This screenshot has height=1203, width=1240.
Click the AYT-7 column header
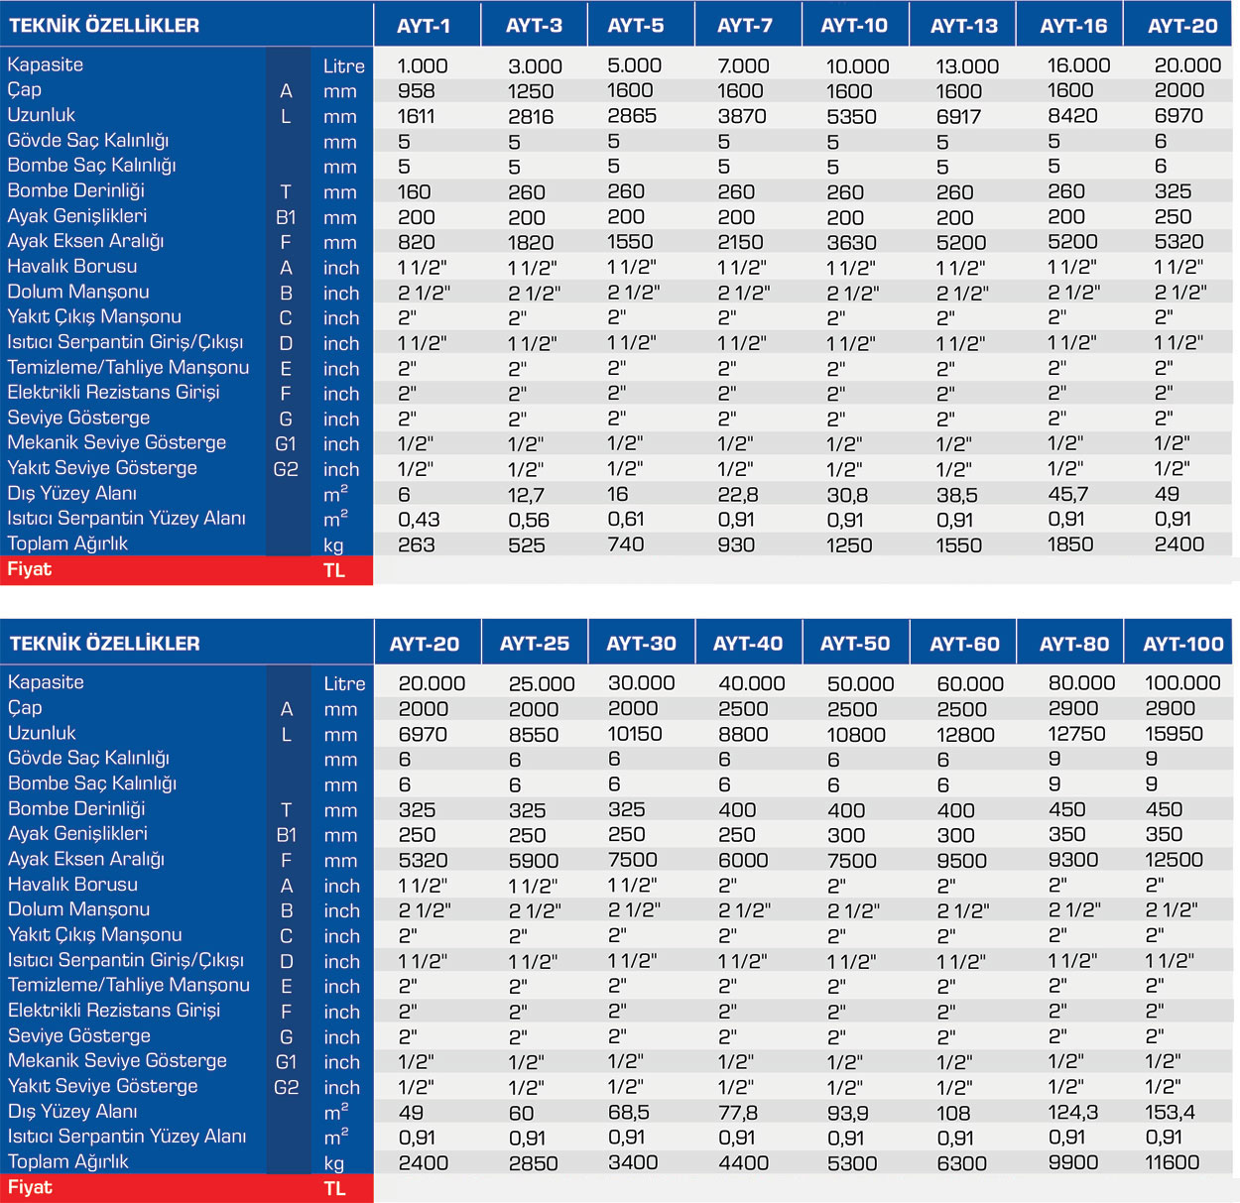pyautogui.click(x=745, y=26)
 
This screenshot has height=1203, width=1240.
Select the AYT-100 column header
pyautogui.click(x=1182, y=645)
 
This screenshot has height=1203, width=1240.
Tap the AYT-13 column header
pyautogui.click(x=963, y=26)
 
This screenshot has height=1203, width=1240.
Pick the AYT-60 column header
pyautogui.click(x=964, y=645)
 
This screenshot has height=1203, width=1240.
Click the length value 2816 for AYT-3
pyautogui.click(x=531, y=116)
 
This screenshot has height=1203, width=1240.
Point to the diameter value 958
pyautogui.click(x=416, y=90)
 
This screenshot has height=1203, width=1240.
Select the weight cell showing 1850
pyautogui.click(x=1070, y=544)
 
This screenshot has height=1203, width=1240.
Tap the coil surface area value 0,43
pyautogui.click(x=419, y=519)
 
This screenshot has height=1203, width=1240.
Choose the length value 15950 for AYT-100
pyautogui.click(x=1174, y=734)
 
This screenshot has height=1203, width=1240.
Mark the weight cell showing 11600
pyautogui.click(x=1172, y=1162)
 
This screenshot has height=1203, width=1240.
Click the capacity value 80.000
pyautogui.click(x=1081, y=683)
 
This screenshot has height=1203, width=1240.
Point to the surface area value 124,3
pyautogui.click(x=1073, y=1112)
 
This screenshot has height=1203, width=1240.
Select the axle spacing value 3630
pyautogui.click(x=851, y=242)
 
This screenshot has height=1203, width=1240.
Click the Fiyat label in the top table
pyautogui.click(x=30, y=569)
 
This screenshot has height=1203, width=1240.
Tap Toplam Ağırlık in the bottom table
pyautogui.click(x=68, y=1161)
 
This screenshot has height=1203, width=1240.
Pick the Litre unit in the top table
pyautogui.click(x=343, y=66)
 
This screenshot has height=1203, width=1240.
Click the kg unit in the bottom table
pyautogui.click(x=334, y=1163)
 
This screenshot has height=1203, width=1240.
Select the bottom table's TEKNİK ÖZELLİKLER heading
pyautogui.click(x=104, y=644)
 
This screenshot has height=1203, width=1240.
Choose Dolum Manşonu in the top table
pyautogui.click(x=78, y=292)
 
